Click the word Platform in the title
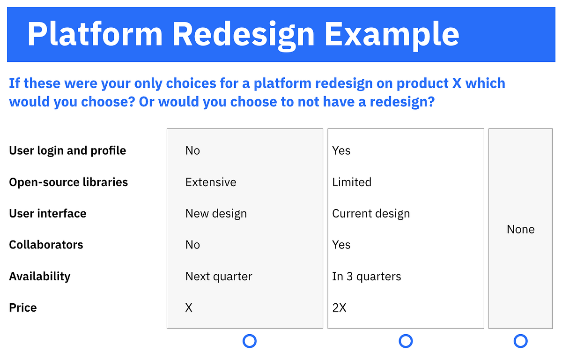pos(95,34)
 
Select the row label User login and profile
pos(67,151)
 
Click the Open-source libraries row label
pos(68,182)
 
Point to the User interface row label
pos(48,214)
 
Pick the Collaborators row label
pos(46,245)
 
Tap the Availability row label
pos(40,277)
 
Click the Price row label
pos(23,308)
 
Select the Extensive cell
pos(211,182)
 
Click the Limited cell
pos(352,182)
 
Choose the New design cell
pos(216,214)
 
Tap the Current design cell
pos(371,214)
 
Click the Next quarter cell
pos(219,277)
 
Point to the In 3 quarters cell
pos(367,277)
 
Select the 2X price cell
pos(339,308)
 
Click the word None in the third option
pos(521,230)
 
